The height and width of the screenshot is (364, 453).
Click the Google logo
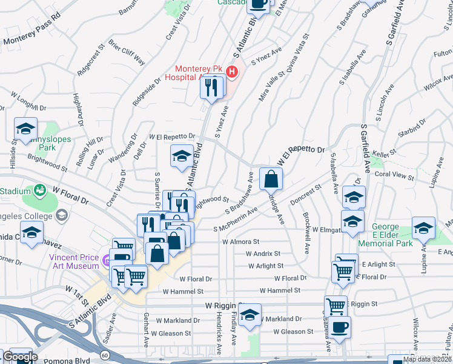[19, 357]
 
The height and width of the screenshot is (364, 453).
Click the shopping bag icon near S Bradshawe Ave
[271, 178]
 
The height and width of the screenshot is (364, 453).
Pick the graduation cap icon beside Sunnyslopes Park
[26, 129]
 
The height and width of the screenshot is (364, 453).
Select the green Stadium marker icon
[41, 191]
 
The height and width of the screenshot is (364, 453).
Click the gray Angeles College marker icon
[61, 215]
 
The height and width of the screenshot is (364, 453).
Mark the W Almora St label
[240, 241]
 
